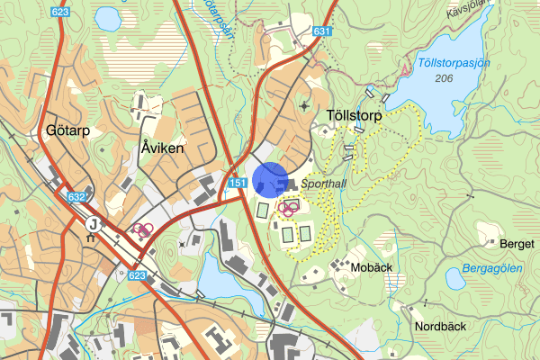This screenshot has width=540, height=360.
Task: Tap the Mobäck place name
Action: coord(373,267)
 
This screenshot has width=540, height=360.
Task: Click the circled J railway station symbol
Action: coord(92,221)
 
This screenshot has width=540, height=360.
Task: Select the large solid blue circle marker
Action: coord(269,179)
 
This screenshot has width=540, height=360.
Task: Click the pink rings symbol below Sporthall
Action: coord(288,209)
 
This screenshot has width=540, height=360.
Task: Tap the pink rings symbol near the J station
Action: coord(140,229)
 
